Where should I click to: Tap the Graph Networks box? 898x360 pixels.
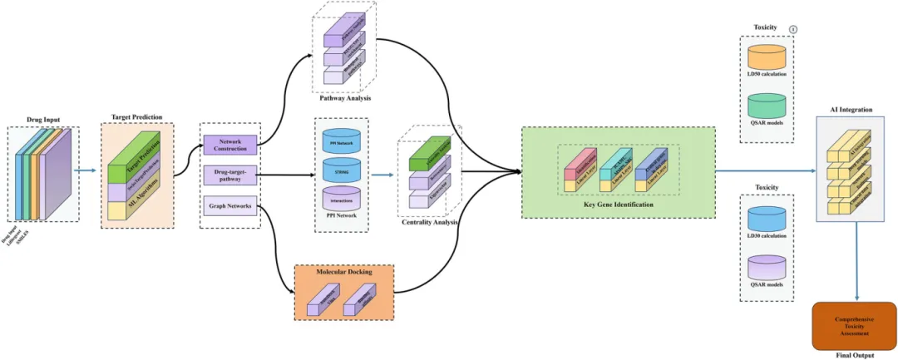[230, 205]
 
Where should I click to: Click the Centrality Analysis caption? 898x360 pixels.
[428, 222]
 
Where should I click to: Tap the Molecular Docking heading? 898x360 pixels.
[343, 272]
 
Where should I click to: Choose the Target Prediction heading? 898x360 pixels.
[137, 117]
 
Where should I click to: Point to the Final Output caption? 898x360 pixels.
[856, 355]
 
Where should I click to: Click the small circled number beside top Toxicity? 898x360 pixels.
[792, 29]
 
